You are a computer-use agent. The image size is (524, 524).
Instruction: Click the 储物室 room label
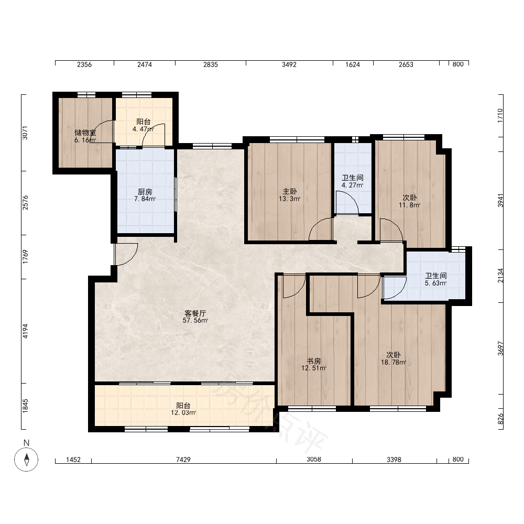point(85,133)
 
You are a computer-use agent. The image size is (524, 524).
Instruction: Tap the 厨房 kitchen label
point(145,192)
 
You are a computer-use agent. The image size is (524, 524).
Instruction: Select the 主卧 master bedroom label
point(290,191)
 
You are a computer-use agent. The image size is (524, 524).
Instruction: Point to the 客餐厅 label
point(195,313)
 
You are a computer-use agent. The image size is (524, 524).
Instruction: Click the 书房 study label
point(314,361)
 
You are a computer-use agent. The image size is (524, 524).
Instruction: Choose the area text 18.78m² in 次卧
point(394,362)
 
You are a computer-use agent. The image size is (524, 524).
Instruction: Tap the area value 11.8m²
point(410,205)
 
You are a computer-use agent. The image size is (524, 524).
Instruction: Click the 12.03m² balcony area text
point(183,413)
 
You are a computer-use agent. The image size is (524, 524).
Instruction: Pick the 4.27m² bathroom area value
point(353,185)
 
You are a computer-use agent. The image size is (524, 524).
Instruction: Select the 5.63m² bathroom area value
point(436,283)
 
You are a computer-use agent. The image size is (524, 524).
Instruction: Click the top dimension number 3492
point(289,64)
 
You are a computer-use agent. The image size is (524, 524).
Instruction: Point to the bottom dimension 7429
point(183,460)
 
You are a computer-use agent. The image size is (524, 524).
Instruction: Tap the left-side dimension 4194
point(25,331)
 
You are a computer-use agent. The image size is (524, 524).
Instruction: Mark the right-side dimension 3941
point(500,200)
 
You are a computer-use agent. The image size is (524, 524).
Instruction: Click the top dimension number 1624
point(353,64)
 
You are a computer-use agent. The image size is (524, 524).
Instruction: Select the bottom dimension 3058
point(314,460)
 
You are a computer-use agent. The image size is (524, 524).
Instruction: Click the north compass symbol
point(26,459)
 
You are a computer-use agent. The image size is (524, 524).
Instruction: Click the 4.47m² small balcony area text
point(144,129)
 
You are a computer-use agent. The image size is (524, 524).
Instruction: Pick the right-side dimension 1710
point(500,116)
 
